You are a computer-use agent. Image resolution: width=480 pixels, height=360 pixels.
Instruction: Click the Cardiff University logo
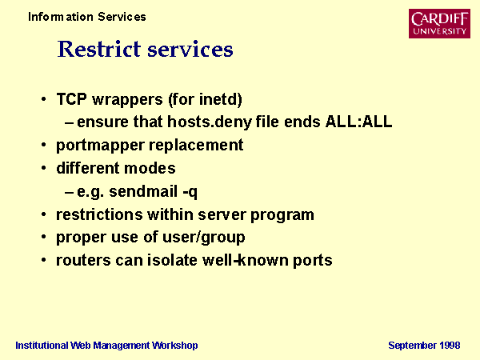(x=439, y=23)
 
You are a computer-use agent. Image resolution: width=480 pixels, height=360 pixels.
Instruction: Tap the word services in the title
(x=190, y=50)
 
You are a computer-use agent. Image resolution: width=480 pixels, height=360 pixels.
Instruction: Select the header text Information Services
(x=87, y=17)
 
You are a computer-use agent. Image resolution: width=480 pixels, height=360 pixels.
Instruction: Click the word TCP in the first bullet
(x=72, y=99)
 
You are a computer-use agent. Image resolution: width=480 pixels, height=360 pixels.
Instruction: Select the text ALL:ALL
(x=358, y=122)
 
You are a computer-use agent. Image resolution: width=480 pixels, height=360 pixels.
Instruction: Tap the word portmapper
(x=100, y=146)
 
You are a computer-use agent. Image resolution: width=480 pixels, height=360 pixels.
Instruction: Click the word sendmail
(x=143, y=191)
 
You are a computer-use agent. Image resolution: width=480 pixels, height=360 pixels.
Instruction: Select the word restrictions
(x=99, y=214)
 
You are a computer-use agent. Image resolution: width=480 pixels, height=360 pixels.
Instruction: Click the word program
(x=282, y=215)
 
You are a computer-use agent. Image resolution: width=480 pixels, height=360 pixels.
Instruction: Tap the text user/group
(x=203, y=238)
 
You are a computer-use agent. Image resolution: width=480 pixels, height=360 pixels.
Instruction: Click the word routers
(x=83, y=261)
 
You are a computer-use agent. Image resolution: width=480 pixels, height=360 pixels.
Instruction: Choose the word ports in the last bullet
(x=313, y=261)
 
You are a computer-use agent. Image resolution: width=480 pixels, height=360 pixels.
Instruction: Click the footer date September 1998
(x=424, y=346)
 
